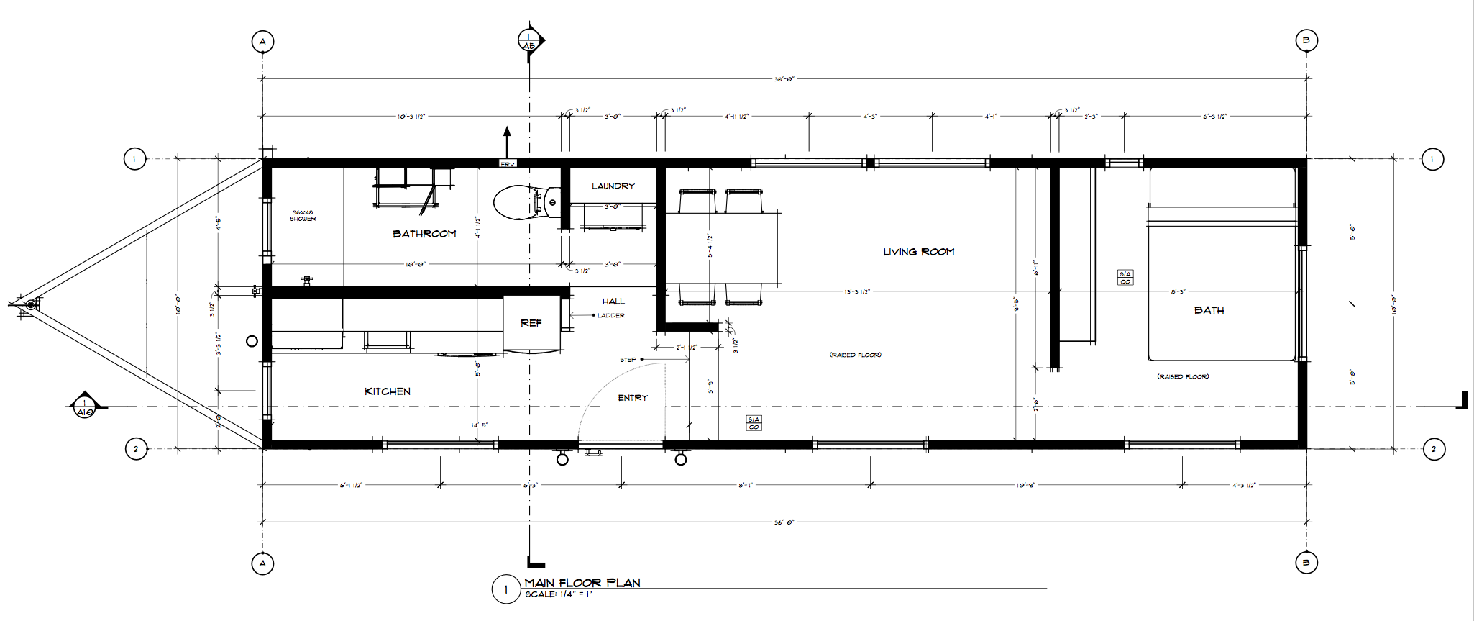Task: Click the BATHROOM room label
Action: [x=424, y=234]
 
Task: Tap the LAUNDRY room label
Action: [x=613, y=186]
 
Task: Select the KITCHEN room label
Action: [x=388, y=391]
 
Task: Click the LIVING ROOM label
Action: [x=918, y=252]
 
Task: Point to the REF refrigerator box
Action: [x=531, y=323]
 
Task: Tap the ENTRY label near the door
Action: [x=633, y=398]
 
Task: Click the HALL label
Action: [x=613, y=302]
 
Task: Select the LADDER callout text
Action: [x=610, y=315]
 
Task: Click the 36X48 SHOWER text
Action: [x=303, y=215]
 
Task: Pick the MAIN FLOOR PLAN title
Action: [x=582, y=583]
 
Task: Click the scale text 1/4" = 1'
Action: [x=561, y=595]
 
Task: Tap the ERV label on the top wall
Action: [x=508, y=164]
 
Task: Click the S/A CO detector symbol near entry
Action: [x=754, y=423]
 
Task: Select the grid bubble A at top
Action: [x=262, y=42]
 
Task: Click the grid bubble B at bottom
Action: [x=1306, y=563]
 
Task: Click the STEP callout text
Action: [x=628, y=360]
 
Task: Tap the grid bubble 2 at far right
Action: [x=1434, y=450]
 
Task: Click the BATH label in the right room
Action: [x=1209, y=310]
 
